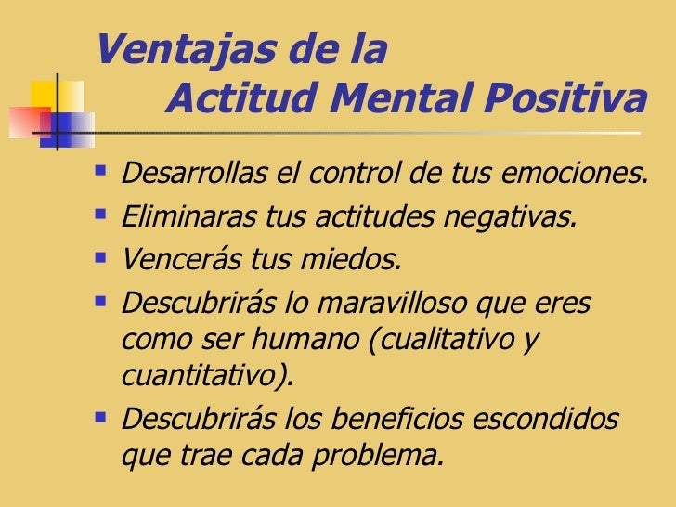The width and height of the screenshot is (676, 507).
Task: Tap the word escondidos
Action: [551, 420]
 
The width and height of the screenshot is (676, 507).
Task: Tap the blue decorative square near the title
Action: [71, 121]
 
